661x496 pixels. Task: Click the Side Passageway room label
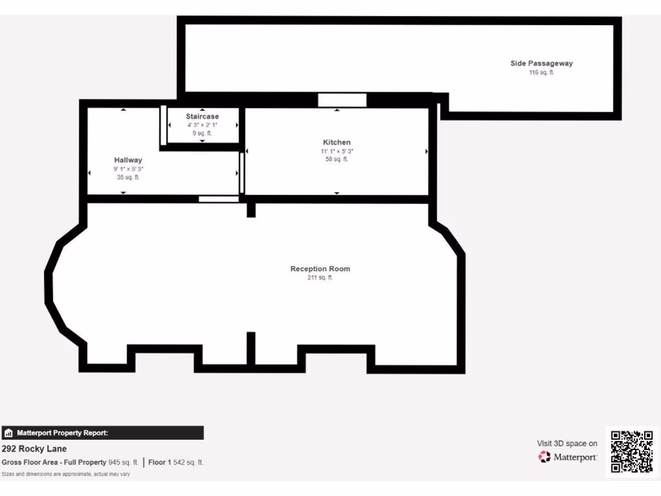542,63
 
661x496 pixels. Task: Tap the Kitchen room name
337,142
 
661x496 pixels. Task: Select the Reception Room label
320,269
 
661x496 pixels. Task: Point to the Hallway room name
128,160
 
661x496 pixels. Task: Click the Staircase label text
203,116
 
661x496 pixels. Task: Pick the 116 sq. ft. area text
542,72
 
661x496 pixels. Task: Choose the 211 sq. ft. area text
320,278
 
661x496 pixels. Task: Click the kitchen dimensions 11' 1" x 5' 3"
337,151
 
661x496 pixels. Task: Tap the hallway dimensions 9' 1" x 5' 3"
128,169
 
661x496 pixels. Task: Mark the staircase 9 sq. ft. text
203,133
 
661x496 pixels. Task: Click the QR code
632,451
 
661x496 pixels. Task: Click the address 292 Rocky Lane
34,449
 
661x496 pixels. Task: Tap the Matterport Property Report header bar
103,433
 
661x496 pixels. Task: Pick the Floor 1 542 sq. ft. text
176,462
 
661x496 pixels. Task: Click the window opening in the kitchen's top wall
342,100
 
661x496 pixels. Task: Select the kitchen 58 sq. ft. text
337,160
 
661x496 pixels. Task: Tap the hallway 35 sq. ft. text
128,177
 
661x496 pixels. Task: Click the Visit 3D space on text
567,443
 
